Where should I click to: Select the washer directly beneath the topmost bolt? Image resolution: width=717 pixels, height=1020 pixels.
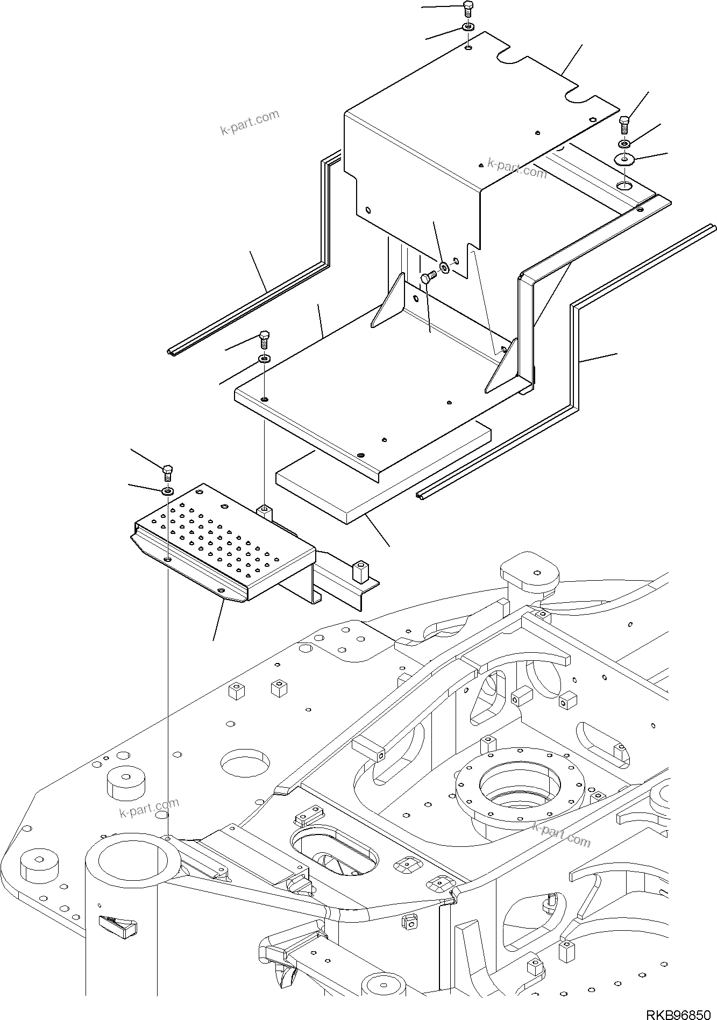(x=468, y=28)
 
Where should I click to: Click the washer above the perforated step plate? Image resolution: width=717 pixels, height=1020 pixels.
(x=168, y=490)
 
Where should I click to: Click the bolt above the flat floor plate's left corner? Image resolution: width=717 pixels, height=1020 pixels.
(x=264, y=339)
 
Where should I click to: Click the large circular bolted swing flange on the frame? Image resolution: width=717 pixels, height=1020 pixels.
(x=520, y=790)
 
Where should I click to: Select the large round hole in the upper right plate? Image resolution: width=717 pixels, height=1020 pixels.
(x=624, y=186)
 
